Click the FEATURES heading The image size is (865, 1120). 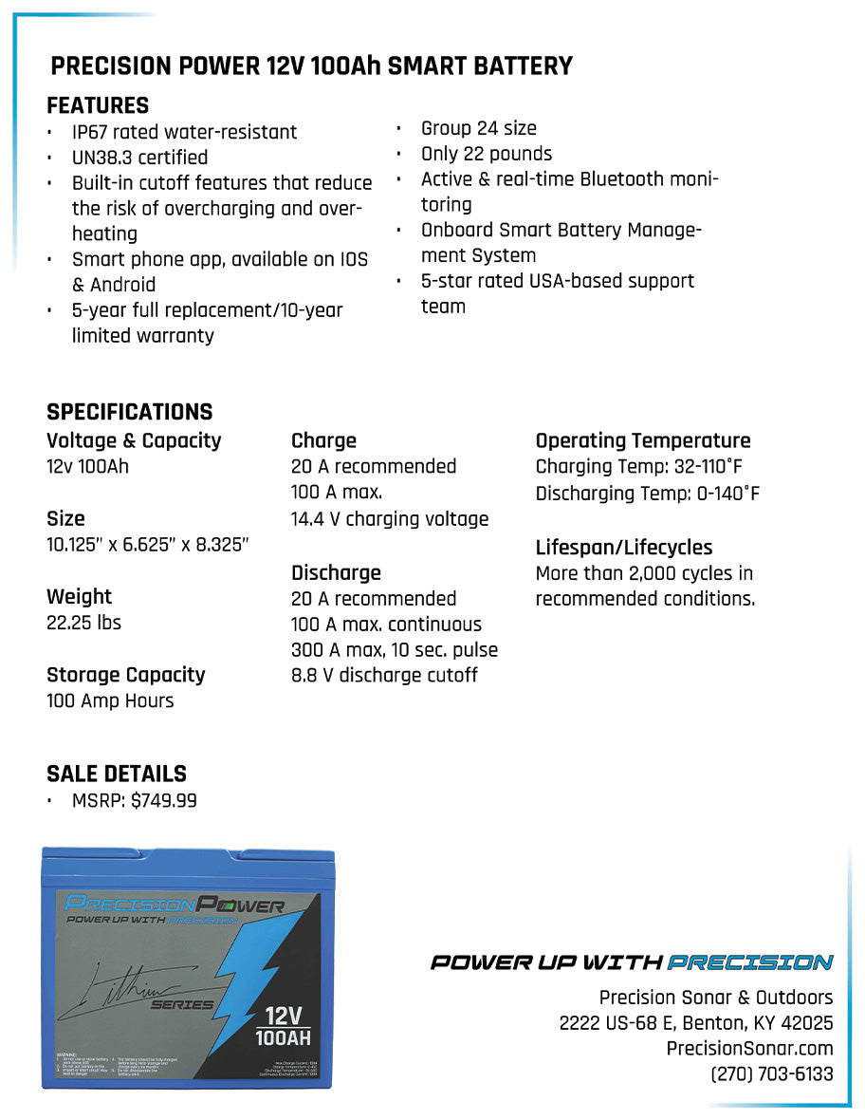tap(98, 105)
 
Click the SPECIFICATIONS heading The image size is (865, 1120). tap(129, 412)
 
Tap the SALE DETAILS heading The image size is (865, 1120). tap(117, 774)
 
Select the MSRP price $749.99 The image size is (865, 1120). tap(164, 801)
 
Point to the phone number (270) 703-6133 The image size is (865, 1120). tap(772, 1074)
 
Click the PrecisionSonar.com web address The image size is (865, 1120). tap(749, 1049)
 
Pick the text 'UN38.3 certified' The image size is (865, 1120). tap(139, 158)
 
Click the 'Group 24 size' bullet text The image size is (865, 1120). tap(479, 128)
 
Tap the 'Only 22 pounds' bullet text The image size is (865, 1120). tap(487, 154)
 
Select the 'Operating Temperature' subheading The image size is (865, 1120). tap(642, 440)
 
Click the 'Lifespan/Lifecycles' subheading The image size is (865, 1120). tap(623, 548)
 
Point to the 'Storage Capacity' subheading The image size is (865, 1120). tap(125, 675)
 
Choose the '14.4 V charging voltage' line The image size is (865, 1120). tap(390, 519)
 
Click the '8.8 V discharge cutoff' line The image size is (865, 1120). tap(384, 676)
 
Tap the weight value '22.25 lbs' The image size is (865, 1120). tap(83, 623)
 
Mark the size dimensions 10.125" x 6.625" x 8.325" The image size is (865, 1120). tap(147, 545)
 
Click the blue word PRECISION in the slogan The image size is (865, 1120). tap(749, 962)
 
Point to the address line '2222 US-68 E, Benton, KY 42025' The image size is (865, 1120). tap(696, 1023)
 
